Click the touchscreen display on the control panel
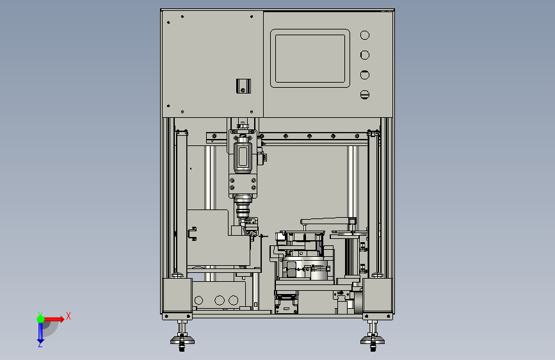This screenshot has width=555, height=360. click(310, 58)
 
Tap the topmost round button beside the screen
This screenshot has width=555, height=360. click(365, 35)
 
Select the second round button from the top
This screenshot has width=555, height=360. click(365, 55)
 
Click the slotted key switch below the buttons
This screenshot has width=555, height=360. click(365, 95)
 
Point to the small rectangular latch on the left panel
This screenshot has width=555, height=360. click(243, 86)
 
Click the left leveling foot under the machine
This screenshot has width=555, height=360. click(182, 336)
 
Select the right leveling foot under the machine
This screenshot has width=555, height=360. click(373, 336)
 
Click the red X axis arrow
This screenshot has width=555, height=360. click(53, 319)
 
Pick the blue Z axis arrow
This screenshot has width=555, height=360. click(40, 332)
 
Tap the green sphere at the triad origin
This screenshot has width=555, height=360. click(40, 319)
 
